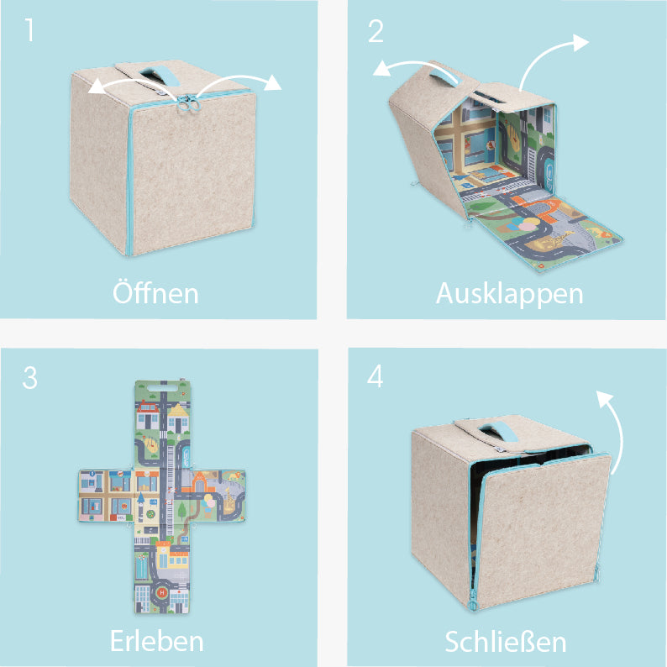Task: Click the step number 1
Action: [29, 30]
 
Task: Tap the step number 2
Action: [376, 31]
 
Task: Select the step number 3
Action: [29, 378]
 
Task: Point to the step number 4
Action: [376, 376]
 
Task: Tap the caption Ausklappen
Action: [509, 294]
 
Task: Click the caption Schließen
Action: [506, 641]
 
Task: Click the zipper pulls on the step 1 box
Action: [189, 103]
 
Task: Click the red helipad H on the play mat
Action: [162, 592]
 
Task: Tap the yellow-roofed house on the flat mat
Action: [178, 418]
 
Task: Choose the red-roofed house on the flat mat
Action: [147, 414]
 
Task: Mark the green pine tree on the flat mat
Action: [182, 511]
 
